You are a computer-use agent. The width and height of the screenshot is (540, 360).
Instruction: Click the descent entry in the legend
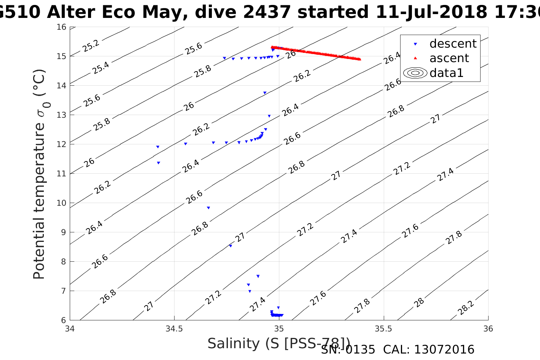coord(453,44)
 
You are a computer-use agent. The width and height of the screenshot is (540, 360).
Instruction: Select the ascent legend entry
coord(449,58)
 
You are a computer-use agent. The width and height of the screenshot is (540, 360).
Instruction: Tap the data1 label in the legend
coord(446,73)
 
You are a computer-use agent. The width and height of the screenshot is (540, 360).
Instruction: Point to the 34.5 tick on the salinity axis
coord(175,329)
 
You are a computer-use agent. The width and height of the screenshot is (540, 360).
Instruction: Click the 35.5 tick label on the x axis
coord(383,329)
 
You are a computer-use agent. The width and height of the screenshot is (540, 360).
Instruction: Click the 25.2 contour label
coord(91,46)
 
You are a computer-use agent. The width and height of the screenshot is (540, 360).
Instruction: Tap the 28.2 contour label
coord(466,308)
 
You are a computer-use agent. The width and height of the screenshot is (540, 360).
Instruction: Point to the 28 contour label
coord(419,302)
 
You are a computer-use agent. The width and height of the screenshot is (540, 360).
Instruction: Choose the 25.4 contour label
coord(101,67)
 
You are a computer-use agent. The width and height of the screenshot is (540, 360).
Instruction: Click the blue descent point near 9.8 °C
coord(208,208)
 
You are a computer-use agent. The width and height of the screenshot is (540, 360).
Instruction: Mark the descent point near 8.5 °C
coord(231,246)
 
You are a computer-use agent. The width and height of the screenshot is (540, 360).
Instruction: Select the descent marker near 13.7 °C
coord(265,93)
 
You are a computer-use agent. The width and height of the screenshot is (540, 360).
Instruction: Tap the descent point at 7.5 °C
coord(258,276)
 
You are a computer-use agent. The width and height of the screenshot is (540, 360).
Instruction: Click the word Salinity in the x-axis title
coord(233,344)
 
